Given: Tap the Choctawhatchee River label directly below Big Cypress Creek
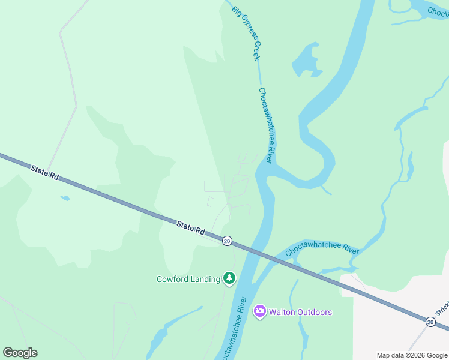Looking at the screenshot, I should point(267,125).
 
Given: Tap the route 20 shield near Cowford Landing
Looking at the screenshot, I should point(226,241).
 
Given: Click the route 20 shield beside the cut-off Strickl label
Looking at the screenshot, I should point(430,322).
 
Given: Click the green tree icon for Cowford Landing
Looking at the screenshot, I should point(229,278).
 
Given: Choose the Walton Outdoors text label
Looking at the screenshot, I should point(300,312).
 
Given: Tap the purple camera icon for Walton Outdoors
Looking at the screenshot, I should point(259,311).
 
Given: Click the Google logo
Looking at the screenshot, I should point(20,353).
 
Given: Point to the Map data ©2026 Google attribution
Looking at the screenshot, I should point(412,355).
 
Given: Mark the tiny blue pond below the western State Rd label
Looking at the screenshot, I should point(65,197).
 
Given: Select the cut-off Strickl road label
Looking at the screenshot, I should point(442,313).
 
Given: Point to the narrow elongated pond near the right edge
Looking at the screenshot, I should point(410,166).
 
